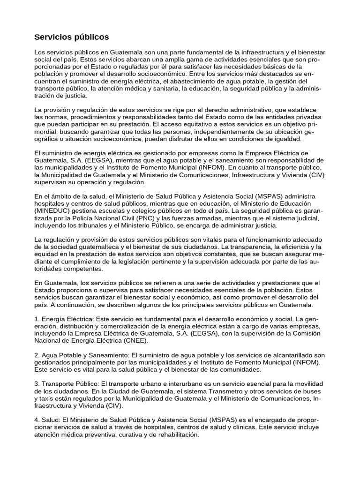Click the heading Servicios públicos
[x=72, y=37]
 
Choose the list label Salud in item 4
[x=53, y=420]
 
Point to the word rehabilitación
[x=174, y=435]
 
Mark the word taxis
[x=45, y=399]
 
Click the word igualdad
[x=289, y=139]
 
